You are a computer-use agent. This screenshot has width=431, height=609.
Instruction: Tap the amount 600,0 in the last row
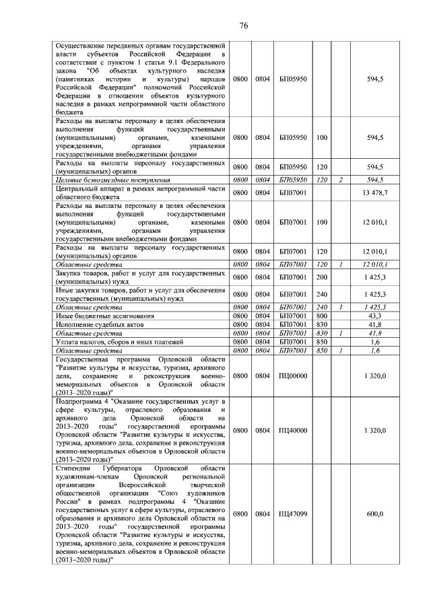[x=374, y=514]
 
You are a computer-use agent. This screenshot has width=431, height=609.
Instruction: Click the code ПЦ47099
[x=292, y=514]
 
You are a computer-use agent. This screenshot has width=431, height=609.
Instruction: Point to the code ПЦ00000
[x=292, y=375]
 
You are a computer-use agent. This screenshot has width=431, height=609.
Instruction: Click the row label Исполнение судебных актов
[x=98, y=324]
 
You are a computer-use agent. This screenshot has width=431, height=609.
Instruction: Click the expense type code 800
[x=321, y=316]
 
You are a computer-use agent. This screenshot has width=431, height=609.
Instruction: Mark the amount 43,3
[x=375, y=316]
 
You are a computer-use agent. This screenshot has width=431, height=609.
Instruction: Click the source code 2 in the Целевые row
[x=341, y=180]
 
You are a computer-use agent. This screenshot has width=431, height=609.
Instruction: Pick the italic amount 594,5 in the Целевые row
[x=374, y=180]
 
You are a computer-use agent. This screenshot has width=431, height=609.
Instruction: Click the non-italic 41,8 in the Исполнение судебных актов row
[x=375, y=324]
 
